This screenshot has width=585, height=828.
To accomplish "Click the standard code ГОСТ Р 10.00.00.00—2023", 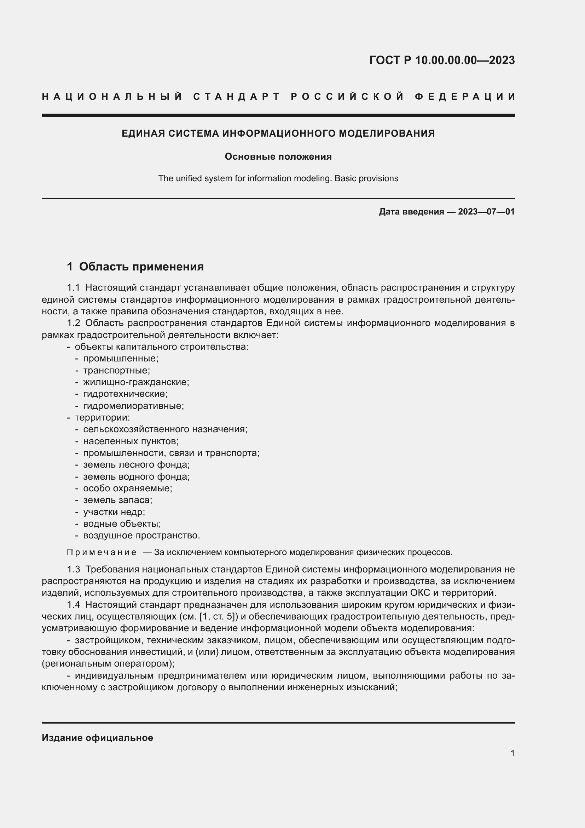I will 442,60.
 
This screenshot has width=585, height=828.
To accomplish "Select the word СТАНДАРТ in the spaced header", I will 237,97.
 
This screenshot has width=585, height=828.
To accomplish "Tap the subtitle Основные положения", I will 278,156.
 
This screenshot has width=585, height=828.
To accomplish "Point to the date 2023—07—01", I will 486,212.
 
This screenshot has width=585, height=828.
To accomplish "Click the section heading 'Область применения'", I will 141,267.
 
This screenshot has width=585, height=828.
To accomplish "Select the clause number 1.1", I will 73,288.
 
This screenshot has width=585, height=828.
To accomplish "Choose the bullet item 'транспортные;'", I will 116,370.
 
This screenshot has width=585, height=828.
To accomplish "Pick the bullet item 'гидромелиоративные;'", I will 133,406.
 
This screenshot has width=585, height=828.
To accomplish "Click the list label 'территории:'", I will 102,418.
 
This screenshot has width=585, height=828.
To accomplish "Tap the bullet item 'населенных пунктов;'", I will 131,441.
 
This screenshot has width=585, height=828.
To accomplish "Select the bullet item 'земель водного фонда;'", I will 136,476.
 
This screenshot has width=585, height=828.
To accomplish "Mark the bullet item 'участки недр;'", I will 114,512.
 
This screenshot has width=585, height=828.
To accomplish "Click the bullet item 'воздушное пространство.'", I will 141,535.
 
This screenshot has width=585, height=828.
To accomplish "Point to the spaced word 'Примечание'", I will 102,553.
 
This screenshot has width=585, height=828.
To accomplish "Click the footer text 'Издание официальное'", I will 97,738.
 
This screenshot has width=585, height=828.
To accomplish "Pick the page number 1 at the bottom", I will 512,753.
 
